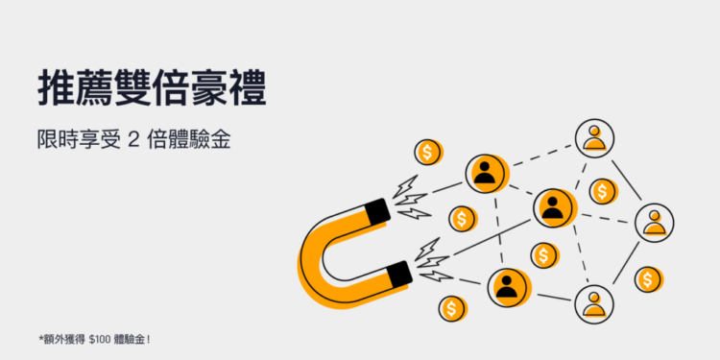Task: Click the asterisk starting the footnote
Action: tap(40, 337)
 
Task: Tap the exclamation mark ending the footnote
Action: tap(151, 338)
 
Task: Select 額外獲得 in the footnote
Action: tap(63, 338)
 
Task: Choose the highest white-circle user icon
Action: tap(595, 137)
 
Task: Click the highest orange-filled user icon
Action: tap(487, 173)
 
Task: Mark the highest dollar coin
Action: tap(428, 152)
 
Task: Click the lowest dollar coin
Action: tap(452, 308)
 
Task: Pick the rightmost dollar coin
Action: tap(649, 279)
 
